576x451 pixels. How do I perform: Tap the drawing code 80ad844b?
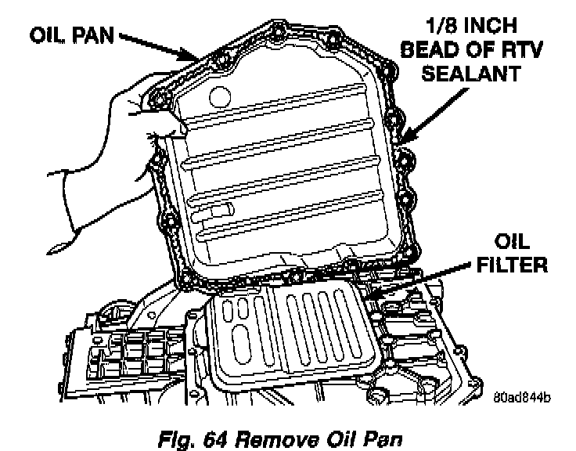click(522, 396)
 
